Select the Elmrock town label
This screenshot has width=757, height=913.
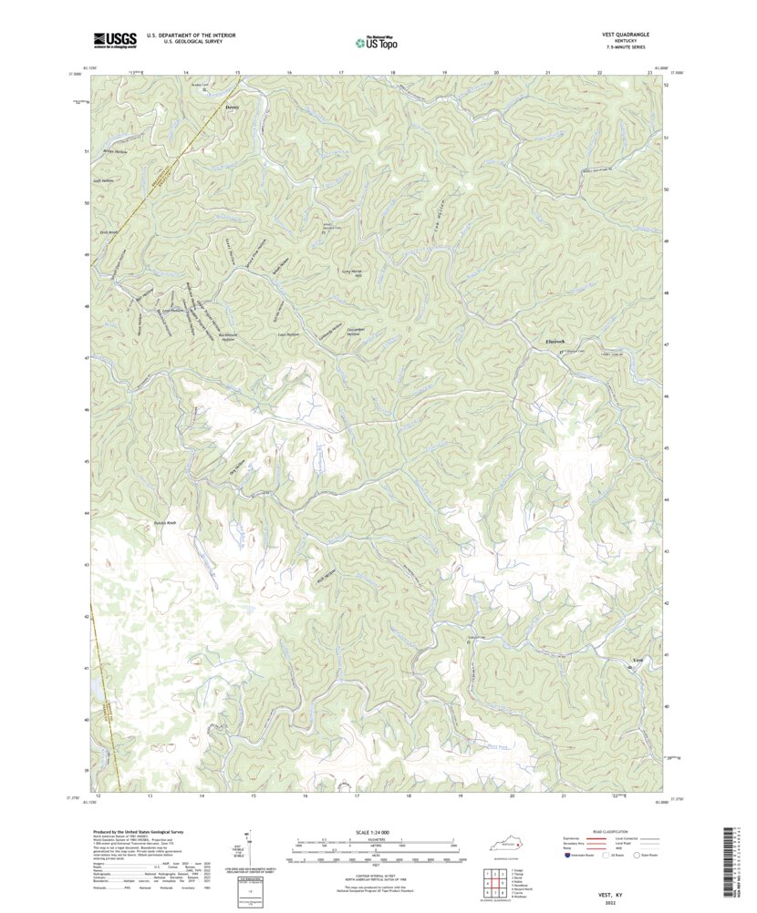coord(544,342)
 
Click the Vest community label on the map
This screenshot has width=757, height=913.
coord(638,660)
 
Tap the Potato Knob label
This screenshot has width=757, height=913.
coord(152,524)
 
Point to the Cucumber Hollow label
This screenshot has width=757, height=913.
coord(328,332)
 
